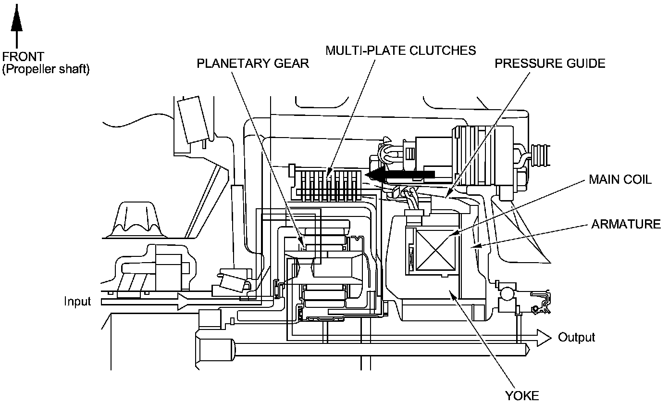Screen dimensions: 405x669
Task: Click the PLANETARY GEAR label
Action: tap(253, 63)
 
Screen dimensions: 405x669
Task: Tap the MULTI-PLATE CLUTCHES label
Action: tap(400, 50)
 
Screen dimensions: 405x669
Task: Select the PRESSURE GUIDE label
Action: tap(550, 63)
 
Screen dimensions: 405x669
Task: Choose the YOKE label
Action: tap(522, 396)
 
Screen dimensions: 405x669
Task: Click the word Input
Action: tap(78, 302)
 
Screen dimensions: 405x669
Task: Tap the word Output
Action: tap(576, 337)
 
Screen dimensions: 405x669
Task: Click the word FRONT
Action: tap(23, 57)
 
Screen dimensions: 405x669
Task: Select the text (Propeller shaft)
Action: tap(46, 69)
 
